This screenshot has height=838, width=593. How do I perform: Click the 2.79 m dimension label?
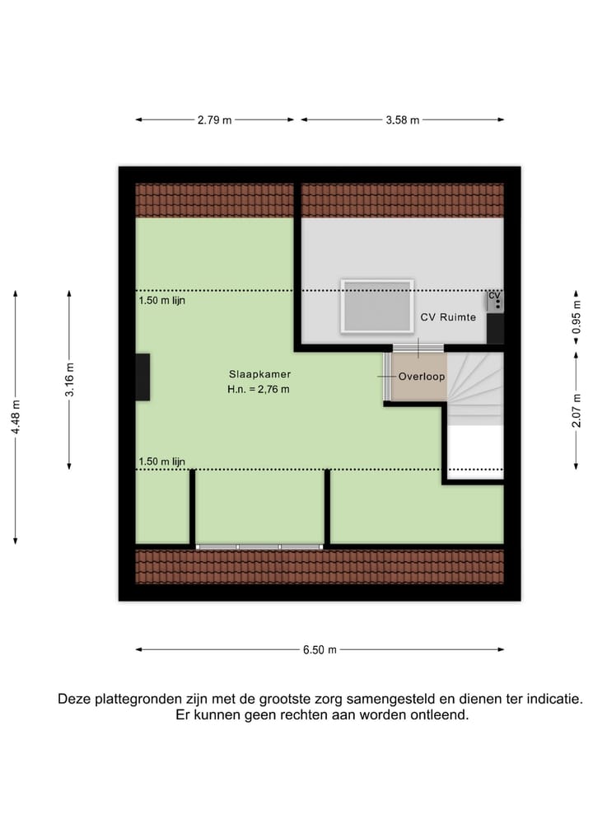[214, 120]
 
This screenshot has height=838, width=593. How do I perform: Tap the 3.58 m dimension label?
[403, 120]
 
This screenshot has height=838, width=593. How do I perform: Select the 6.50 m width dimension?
[320, 649]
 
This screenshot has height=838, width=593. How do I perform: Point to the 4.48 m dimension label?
[16, 416]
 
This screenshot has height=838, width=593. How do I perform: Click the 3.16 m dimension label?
[70, 380]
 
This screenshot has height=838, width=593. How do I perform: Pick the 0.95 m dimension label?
[577, 319]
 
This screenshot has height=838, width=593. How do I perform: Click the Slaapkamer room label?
[259, 374]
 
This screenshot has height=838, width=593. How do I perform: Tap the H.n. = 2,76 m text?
[259, 390]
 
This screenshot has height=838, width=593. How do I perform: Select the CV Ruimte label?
[448, 317]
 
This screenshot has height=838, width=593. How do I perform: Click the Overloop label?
[422, 377]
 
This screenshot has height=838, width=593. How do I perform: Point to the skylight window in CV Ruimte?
[377, 307]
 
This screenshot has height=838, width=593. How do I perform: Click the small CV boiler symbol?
[495, 299]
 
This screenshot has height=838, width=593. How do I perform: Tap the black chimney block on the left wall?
[142, 377]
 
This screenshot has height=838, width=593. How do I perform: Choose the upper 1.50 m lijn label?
[162, 301]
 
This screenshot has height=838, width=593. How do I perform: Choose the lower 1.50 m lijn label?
[162, 461]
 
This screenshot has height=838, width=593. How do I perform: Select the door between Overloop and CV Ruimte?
[418, 349]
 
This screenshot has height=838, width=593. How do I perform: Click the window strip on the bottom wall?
[259, 546]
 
